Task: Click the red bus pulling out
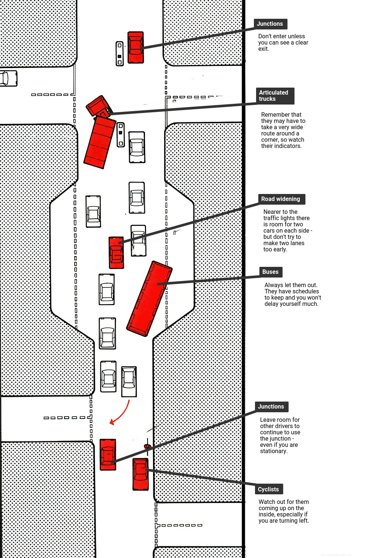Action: coord(149,299)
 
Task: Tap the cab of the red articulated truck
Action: coord(98,106)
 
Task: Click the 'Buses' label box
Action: coord(270,272)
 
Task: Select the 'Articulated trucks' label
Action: coord(275,96)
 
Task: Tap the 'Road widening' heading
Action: coord(281,199)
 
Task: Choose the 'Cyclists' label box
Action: coord(269,489)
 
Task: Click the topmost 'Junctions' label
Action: coord(270,24)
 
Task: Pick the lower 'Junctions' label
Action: coord(271,407)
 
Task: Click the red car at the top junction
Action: coord(135,47)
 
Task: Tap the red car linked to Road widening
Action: coord(116,252)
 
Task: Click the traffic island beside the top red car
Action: coord(120,54)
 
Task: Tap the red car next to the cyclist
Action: coord(141,474)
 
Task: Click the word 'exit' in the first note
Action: coord(263,49)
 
